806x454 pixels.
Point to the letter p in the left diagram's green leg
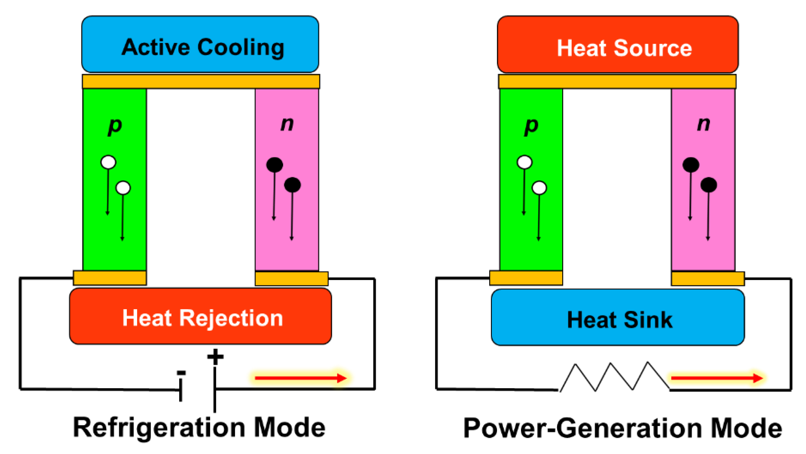[x=114, y=126]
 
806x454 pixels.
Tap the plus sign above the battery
[x=215, y=357]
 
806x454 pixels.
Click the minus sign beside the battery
[x=181, y=373]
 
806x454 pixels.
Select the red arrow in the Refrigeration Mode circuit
[x=300, y=378]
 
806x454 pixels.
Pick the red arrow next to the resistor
[x=716, y=378]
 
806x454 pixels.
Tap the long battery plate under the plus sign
[x=215, y=389]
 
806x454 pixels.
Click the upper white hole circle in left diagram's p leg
[x=108, y=162]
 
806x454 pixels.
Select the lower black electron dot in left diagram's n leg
[x=292, y=185]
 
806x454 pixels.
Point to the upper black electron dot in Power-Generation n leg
[x=690, y=165]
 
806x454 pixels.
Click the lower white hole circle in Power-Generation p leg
[x=539, y=188]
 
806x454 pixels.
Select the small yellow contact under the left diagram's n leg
[x=292, y=278]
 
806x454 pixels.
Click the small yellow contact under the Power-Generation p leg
[x=526, y=278]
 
